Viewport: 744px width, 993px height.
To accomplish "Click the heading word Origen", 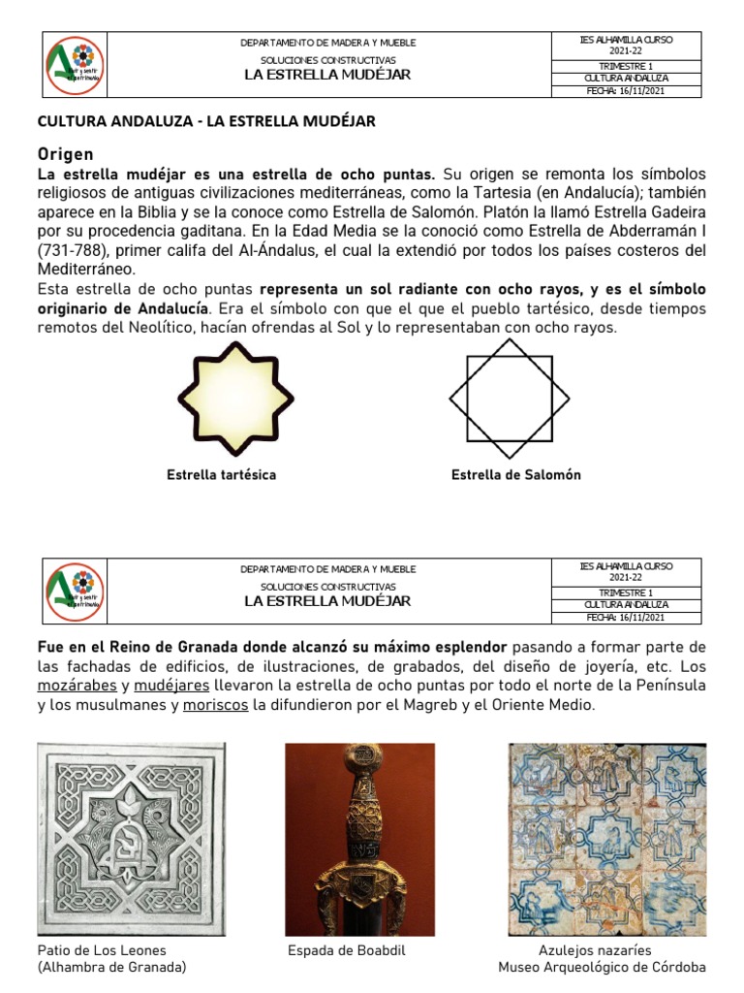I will pos(65,154).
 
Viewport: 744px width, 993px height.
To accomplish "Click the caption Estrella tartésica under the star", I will pos(221,475).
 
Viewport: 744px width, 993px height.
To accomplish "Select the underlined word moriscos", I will pos(215,706).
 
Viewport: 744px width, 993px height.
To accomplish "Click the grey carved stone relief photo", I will pos(131,839).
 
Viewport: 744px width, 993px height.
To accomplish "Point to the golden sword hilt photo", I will pos(358,839).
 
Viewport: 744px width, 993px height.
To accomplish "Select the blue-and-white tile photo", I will pos(607,839).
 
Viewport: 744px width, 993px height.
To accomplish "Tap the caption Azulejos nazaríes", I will pos(595,950).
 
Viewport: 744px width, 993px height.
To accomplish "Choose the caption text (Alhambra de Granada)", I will pos(111,968).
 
